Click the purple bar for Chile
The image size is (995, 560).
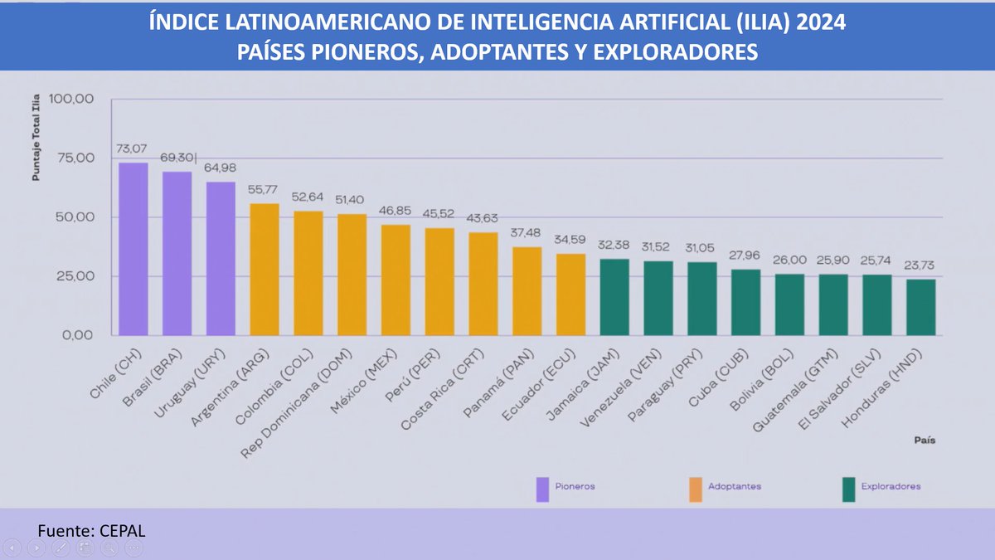133,249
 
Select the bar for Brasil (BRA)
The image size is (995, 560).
177,253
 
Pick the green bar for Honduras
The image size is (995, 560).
920,307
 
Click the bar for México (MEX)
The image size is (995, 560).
396,280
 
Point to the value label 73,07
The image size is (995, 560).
131,149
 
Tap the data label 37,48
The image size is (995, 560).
527,233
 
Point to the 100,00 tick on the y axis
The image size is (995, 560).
73,99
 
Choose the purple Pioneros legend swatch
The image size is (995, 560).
543,489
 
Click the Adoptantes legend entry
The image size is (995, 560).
735,487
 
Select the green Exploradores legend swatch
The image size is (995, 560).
848,489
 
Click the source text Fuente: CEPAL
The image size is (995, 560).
91,530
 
